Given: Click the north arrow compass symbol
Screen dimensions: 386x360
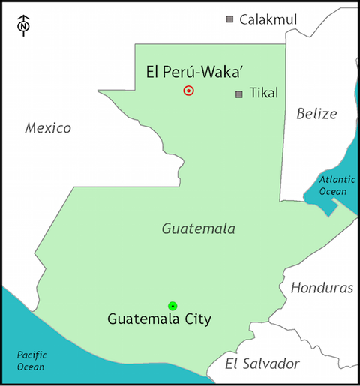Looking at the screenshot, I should pos(23,25).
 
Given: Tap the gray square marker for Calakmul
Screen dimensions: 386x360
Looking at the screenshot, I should pos(230,19).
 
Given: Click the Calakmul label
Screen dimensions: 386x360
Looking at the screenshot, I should pos(268,19).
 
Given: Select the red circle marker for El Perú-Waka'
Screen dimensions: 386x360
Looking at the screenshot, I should pos(188,91).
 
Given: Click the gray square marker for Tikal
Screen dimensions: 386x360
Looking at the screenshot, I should pos(238,94).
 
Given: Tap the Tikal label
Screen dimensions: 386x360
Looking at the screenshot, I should pos(263,94).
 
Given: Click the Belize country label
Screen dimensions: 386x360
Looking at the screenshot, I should pos(316,114).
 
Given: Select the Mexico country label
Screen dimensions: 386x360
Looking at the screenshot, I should pos(48,128).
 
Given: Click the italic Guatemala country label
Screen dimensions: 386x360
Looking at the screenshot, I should pos(199,229).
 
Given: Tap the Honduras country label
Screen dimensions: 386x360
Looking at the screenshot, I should pos(322,288).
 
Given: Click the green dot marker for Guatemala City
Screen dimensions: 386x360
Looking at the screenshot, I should pos(172,305).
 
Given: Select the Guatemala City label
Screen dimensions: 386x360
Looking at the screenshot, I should pos(160,319).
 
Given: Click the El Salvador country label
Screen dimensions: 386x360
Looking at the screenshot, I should pos(262,364).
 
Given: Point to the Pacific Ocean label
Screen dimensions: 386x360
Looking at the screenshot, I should pos(32,361).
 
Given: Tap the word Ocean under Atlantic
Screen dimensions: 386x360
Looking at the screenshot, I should pos(333,191).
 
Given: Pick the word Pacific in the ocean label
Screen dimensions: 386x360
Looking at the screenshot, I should pos(32,355).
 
